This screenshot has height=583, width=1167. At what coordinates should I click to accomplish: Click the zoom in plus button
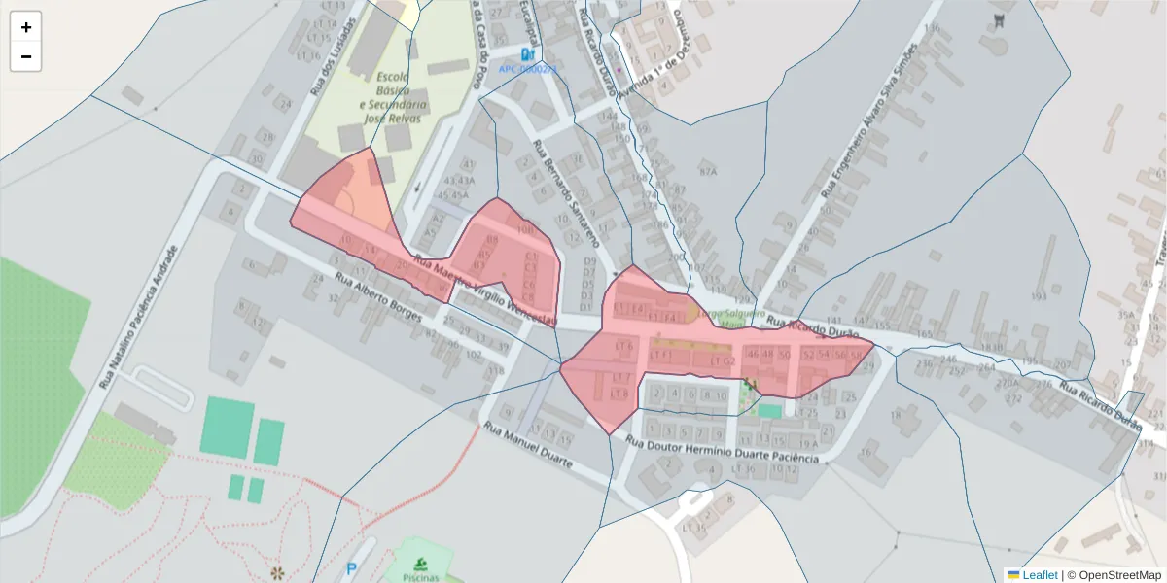(x=26, y=27)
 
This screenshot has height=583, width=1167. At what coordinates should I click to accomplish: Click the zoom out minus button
(x=26, y=56)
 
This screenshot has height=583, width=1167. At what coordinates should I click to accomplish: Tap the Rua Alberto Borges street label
(x=378, y=296)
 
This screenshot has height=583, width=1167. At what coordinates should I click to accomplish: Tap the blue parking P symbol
(x=351, y=569)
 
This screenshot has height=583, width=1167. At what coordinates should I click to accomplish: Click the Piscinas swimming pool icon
(x=420, y=563)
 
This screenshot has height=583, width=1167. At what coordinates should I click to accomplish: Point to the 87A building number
(x=707, y=172)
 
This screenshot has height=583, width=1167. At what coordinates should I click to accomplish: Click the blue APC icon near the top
(x=527, y=54)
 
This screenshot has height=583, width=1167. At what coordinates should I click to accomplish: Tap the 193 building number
(x=1039, y=295)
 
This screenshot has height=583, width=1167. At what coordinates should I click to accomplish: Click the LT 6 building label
(x=623, y=346)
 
